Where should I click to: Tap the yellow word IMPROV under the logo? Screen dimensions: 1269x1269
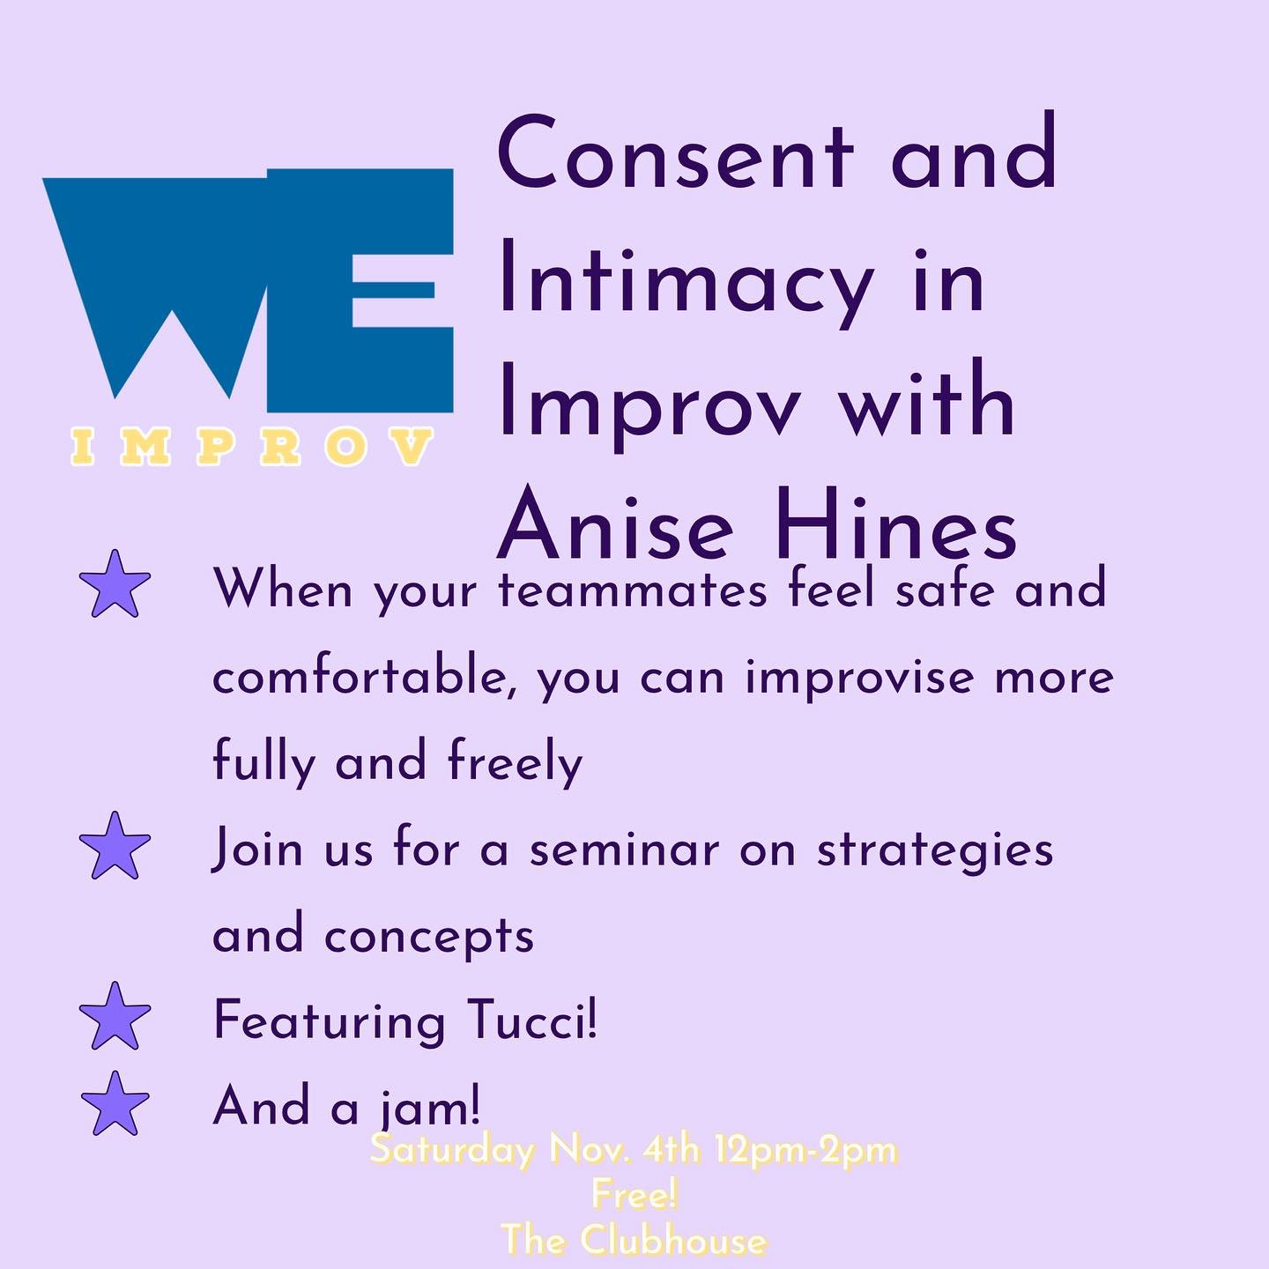[x=251, y=446]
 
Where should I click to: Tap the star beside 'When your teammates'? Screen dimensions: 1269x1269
[x=115, y=584]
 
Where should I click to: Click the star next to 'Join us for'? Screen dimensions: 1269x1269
[x=115, y=846]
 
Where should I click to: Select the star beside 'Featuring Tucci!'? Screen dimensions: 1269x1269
[x=115, y=1015]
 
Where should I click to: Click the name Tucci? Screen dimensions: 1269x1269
[x=532, y=1020]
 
